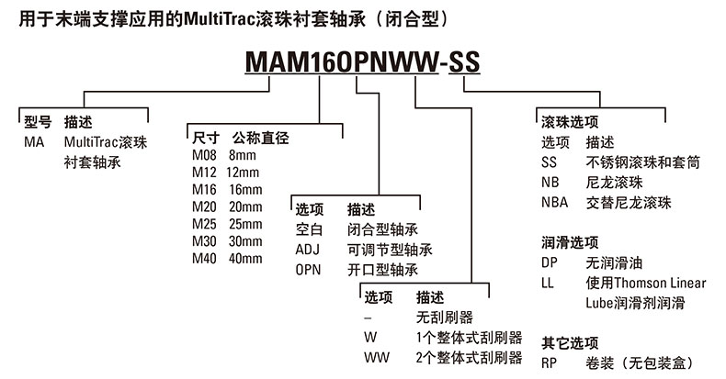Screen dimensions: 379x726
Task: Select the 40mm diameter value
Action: tap(244, 258)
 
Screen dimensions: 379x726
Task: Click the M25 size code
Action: tap(203, 224)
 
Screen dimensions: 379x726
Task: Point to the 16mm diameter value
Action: tap(244, 190)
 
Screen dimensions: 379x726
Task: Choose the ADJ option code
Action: tap(308, 250)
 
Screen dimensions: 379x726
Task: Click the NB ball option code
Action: tap(550, 182)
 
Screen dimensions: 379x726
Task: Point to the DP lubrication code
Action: tap(550, 262)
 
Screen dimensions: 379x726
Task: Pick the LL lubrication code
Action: tap(549, 283)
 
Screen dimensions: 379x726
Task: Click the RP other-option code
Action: tap(550, 362)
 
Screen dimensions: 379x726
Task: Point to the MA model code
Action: tap(34, 142)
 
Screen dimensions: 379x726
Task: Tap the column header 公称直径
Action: tap(261, 139)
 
